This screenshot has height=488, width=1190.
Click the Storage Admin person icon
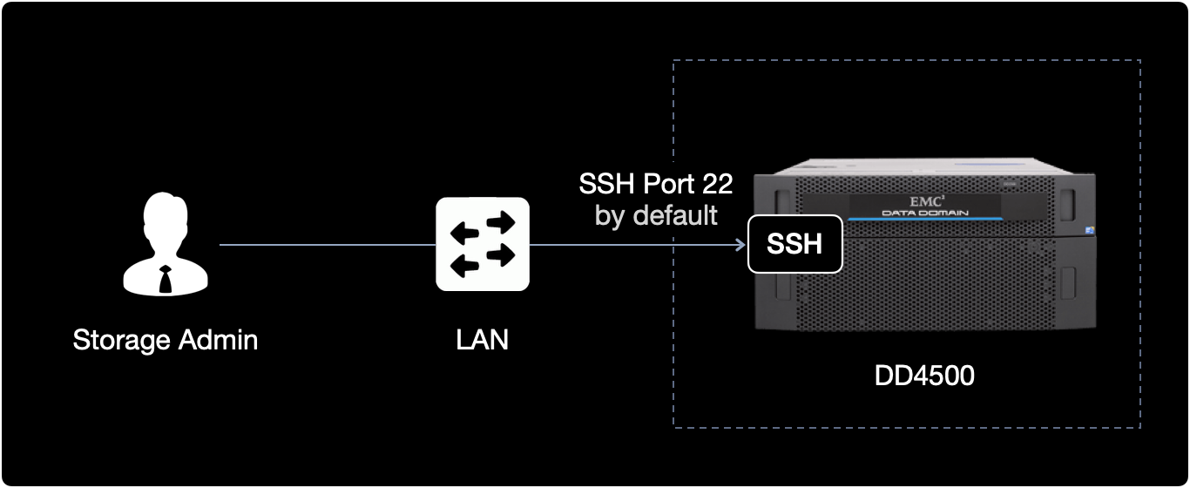tap(165, 246)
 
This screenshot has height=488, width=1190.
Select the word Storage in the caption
tap(122, 339)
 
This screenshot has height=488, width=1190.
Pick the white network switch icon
tap(483, 244)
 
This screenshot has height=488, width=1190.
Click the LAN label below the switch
tap(483, 339)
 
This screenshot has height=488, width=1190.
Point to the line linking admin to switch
tap(327, 245)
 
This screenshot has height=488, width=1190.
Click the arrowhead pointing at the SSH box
tap(740, 245)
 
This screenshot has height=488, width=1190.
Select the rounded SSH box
tap(795, 244)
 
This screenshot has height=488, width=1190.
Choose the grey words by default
tap(656, 214)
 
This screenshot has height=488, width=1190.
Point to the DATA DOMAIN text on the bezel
tap(926, 213)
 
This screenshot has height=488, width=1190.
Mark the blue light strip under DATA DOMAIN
tap(926, 222)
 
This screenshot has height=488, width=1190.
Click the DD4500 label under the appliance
tap(923, 376)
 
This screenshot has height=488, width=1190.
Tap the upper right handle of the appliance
tap(1070, 200)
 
